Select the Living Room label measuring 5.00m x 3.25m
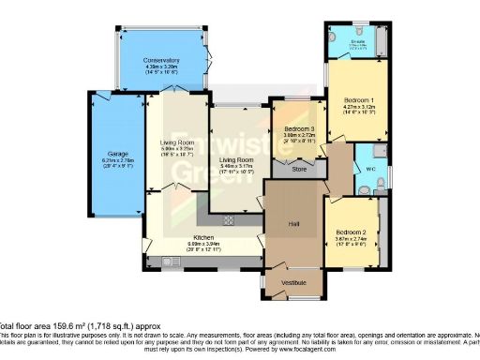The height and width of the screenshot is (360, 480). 175,142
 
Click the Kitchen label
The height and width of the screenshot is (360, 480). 204,237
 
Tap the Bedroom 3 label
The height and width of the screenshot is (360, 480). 299,127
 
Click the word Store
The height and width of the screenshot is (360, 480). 299,170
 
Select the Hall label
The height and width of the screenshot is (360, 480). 292,223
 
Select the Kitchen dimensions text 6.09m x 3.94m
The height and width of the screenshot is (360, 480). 204,245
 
